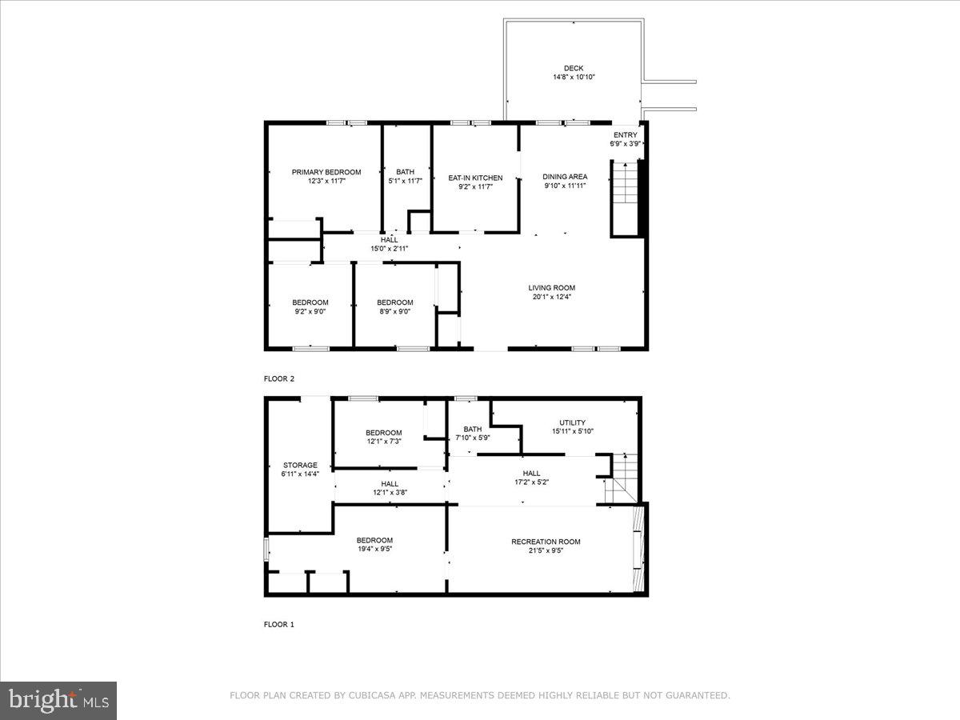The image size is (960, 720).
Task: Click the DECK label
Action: (x=574, y=68)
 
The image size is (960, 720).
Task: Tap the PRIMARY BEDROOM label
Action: (x=326, y=172)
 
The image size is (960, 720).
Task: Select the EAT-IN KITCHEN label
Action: (x=475, y=178)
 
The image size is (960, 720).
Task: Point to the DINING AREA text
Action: (x=565, y=177)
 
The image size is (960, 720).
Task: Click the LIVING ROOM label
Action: (x=551, y=288)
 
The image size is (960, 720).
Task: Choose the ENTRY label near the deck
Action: (x=625, y=135)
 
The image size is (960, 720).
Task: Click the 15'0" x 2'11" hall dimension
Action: (x=390, y=249)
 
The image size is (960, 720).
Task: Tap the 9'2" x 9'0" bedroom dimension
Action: (x=310, y=312)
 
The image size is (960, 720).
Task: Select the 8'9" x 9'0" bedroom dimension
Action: (x=395, y=312)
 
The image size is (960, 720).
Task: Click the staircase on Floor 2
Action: (x=626, y=197)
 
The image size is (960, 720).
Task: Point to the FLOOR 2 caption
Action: (x=279, y=378)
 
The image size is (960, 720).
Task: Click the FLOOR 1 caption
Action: (x=279, y=624)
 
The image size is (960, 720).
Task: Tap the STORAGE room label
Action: (x=300, y=465)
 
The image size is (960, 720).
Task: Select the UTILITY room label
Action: (x=572, y=422)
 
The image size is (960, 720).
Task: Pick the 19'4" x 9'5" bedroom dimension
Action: (x=374, y=549)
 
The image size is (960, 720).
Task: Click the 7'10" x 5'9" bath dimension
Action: (x=472, y=438)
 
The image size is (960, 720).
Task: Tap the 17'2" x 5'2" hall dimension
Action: (x=531, y=482)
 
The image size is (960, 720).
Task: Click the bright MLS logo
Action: (x=58, y=700)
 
